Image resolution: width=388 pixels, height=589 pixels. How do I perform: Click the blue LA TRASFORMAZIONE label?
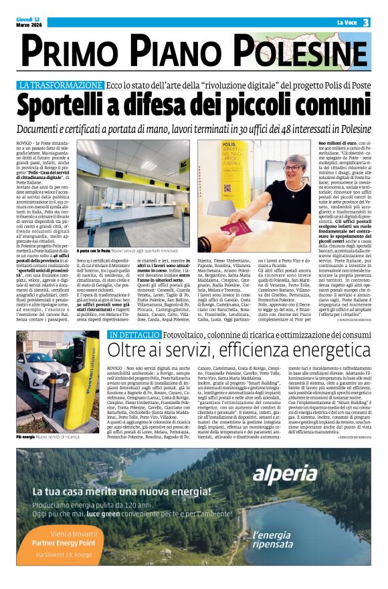point(70,85)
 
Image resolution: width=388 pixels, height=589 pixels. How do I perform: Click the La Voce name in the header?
point(346,23)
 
